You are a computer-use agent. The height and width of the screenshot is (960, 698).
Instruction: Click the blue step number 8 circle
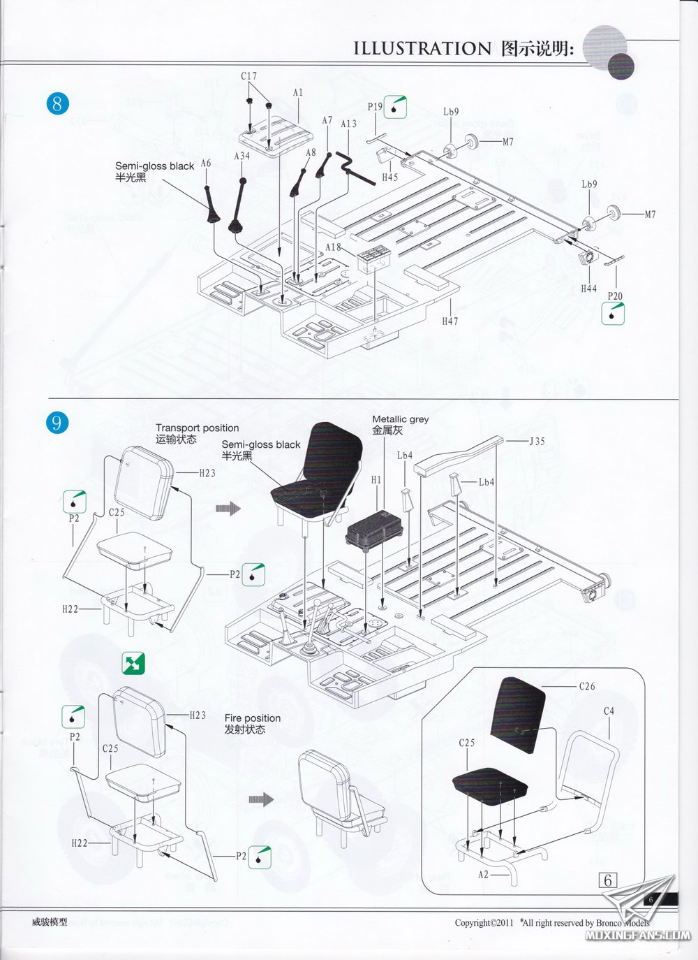(57, 104)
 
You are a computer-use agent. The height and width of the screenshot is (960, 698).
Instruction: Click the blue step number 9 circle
(57, 422)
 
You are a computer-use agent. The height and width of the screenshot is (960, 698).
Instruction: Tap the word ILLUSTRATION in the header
(423, 48)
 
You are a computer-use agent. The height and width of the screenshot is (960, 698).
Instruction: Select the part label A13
(348, 124)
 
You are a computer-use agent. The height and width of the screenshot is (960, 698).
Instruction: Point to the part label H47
(450, 321)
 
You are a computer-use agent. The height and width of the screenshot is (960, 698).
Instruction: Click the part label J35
(537, 441)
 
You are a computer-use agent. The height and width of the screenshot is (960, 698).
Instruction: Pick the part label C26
(587, 686)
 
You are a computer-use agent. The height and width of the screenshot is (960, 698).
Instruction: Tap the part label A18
(334, 247)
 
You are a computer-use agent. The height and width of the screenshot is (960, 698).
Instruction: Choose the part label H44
(588, 288)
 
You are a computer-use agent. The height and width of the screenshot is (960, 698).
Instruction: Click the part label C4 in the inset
(609, 711)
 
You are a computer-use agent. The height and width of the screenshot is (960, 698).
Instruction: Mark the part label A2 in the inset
(484, 874)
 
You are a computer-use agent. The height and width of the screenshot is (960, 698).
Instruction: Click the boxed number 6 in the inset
(607, 880)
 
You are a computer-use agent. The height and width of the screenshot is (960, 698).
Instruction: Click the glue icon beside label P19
(396, 106)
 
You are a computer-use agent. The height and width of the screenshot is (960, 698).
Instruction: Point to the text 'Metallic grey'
(400, 419)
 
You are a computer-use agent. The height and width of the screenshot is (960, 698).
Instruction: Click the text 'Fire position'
(252, 718)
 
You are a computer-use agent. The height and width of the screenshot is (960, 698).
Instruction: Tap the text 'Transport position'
(197, 428)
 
